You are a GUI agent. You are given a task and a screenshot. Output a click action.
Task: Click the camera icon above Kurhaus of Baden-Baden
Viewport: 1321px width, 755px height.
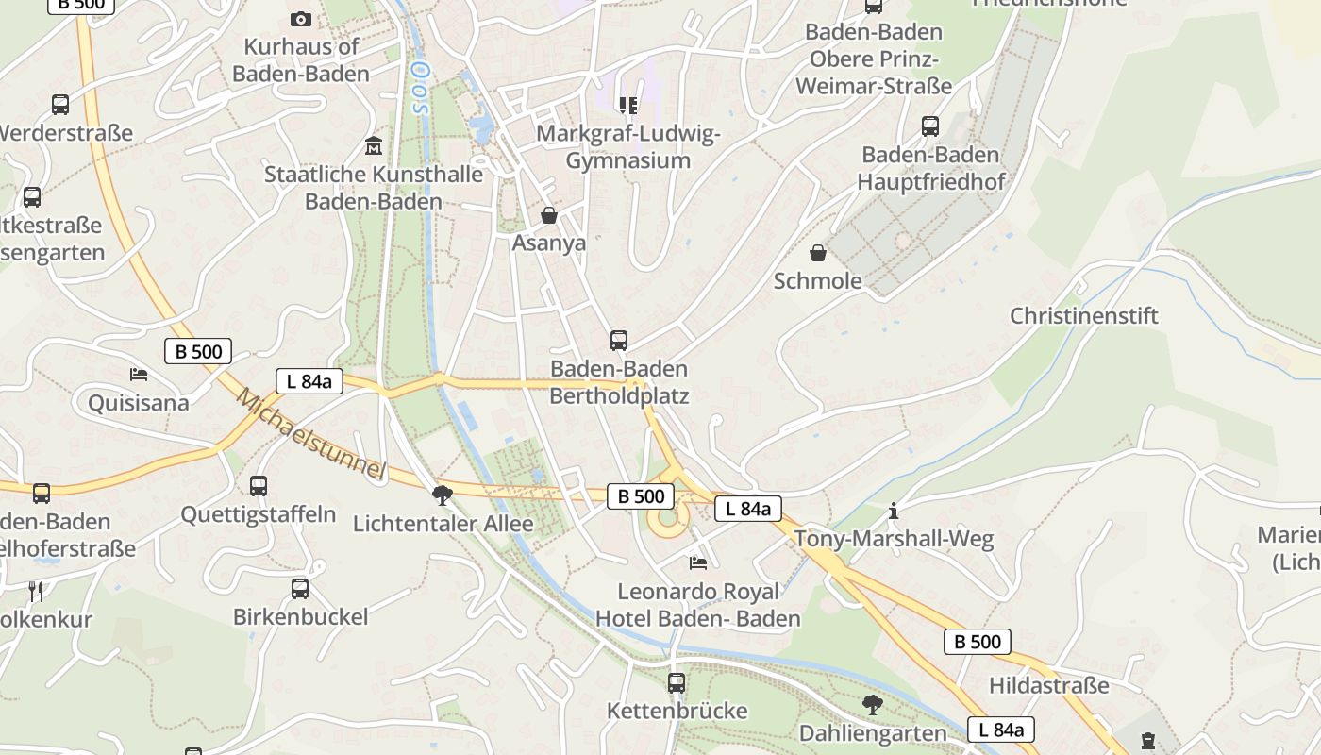coord(301,19)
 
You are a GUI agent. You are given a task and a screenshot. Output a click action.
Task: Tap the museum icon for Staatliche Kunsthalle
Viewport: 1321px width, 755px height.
coord(374,146)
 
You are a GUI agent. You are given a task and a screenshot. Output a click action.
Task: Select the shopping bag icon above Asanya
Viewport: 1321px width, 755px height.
coord(549,216)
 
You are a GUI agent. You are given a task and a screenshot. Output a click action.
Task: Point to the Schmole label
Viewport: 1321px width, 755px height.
coord(818,280)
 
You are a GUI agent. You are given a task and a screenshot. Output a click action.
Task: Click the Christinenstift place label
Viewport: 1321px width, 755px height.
coord(1083,315)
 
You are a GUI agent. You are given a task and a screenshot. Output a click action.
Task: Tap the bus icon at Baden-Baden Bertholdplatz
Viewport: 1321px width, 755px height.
coord(619,341)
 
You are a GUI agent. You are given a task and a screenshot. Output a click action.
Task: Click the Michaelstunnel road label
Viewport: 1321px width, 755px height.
coord(311,433)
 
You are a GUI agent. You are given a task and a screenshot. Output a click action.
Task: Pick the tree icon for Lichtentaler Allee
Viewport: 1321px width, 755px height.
coord(442,495)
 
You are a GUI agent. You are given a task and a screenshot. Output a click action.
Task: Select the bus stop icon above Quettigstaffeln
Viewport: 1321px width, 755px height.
coord(259,486)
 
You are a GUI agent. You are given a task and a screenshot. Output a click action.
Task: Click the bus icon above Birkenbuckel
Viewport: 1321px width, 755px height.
coord(300,589)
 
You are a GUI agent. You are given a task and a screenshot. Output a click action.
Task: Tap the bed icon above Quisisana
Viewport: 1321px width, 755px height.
coord(139,375)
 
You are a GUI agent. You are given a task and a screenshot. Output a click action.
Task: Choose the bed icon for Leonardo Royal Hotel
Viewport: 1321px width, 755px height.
coord(698,563)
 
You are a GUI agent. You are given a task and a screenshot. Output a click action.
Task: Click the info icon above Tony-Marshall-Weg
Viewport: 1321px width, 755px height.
coord(894,512)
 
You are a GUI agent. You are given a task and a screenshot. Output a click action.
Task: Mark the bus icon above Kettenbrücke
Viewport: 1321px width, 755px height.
coord(677,682)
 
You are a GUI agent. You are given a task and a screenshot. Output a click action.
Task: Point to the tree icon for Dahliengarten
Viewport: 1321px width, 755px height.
coord(873,704)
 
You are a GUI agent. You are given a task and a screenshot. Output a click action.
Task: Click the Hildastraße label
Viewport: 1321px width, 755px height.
coord(1048,685)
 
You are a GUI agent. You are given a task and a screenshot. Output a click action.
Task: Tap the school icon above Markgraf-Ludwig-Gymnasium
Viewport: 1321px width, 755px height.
coord(627,105)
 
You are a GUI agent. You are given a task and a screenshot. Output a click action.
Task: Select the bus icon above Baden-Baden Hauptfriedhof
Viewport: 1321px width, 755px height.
coord(930,126)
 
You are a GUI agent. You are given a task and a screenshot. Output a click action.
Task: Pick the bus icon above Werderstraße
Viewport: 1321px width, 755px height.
coord(60,105)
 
